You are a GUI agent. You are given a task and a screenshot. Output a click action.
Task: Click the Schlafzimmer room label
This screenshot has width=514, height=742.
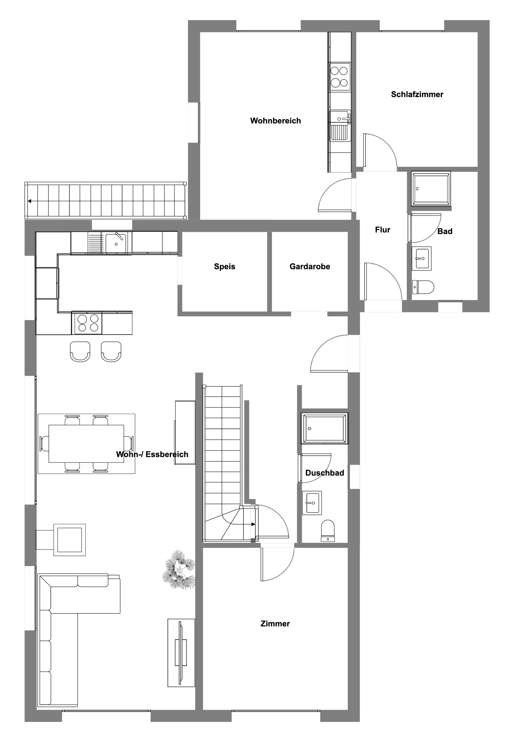[417, 94]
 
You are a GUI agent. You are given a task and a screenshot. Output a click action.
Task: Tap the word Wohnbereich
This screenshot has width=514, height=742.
[275, 121]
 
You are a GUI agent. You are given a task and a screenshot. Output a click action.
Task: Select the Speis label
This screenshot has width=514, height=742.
[224, 266]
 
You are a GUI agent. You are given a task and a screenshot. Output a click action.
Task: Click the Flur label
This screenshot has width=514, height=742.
[383, 230]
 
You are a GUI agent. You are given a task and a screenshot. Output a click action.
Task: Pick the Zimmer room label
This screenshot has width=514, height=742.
[275, 624]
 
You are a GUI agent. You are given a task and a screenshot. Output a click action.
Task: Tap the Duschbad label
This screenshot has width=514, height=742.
[325, 473]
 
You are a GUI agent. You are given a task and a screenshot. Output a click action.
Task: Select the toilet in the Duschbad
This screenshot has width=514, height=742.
[328, 531]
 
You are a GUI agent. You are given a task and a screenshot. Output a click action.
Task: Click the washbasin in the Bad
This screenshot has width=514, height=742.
[422, 259]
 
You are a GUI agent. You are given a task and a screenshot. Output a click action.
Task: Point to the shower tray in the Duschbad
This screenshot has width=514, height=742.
[325, 428]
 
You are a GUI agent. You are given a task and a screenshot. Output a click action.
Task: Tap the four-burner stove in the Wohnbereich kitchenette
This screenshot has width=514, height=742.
[340, 77]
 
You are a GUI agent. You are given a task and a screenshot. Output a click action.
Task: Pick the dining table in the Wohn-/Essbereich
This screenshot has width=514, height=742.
[86, 444]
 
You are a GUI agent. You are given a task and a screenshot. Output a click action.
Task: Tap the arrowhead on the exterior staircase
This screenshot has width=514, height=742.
[29, 201]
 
